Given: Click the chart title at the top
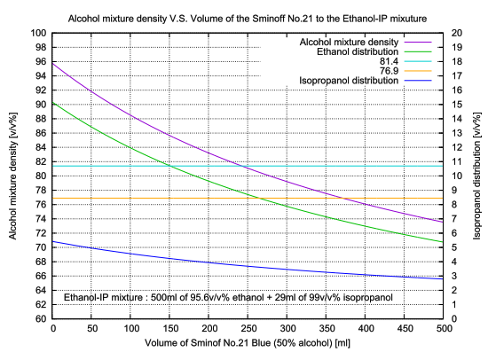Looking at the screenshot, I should coord(248,17).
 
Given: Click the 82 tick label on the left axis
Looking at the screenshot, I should coord(39,161).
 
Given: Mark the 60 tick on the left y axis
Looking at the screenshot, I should coord(39,318).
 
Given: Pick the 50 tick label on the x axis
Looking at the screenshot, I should coord(92,329).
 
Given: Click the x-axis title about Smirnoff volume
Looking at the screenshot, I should coord(248,343).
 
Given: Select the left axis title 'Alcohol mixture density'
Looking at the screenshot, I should coord(13,176).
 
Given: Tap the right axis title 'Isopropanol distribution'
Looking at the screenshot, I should coord(481,176).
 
